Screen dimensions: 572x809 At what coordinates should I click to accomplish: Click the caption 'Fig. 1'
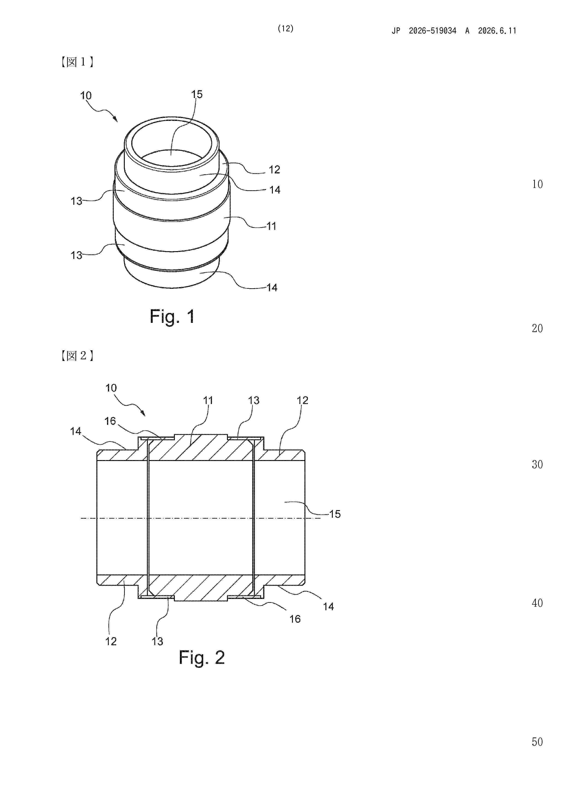[x=172, y=316]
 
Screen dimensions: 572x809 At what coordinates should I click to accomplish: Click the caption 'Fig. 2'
[x=202, y=657]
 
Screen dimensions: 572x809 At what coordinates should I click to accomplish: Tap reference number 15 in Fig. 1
[x=197, y=94]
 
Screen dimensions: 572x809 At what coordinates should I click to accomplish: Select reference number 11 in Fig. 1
[x=271, y=226]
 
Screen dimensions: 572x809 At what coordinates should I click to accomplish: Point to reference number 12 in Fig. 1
[x=274, y=170]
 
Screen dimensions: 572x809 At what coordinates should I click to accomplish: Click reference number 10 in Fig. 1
[x=86, y=95]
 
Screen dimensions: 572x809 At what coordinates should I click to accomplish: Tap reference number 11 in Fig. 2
[x=208, y=400]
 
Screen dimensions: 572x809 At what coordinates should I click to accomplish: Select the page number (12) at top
[x=286, y=29]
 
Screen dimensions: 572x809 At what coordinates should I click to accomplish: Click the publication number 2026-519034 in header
[x=432, y=31]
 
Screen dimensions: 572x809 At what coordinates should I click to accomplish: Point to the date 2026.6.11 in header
[x=497, y=31]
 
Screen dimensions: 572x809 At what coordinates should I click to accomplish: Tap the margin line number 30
[x=537, y=464]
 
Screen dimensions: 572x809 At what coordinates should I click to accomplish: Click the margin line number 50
[x=537, y=742]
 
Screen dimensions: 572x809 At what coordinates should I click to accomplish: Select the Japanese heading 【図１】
[x=77, y=62]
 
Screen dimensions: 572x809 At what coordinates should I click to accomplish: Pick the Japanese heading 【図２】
[x=77, y=356]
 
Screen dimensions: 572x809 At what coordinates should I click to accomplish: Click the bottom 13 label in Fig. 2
[x=157, y=641]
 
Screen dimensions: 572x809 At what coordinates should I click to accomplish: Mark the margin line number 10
[x=537, y=184]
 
